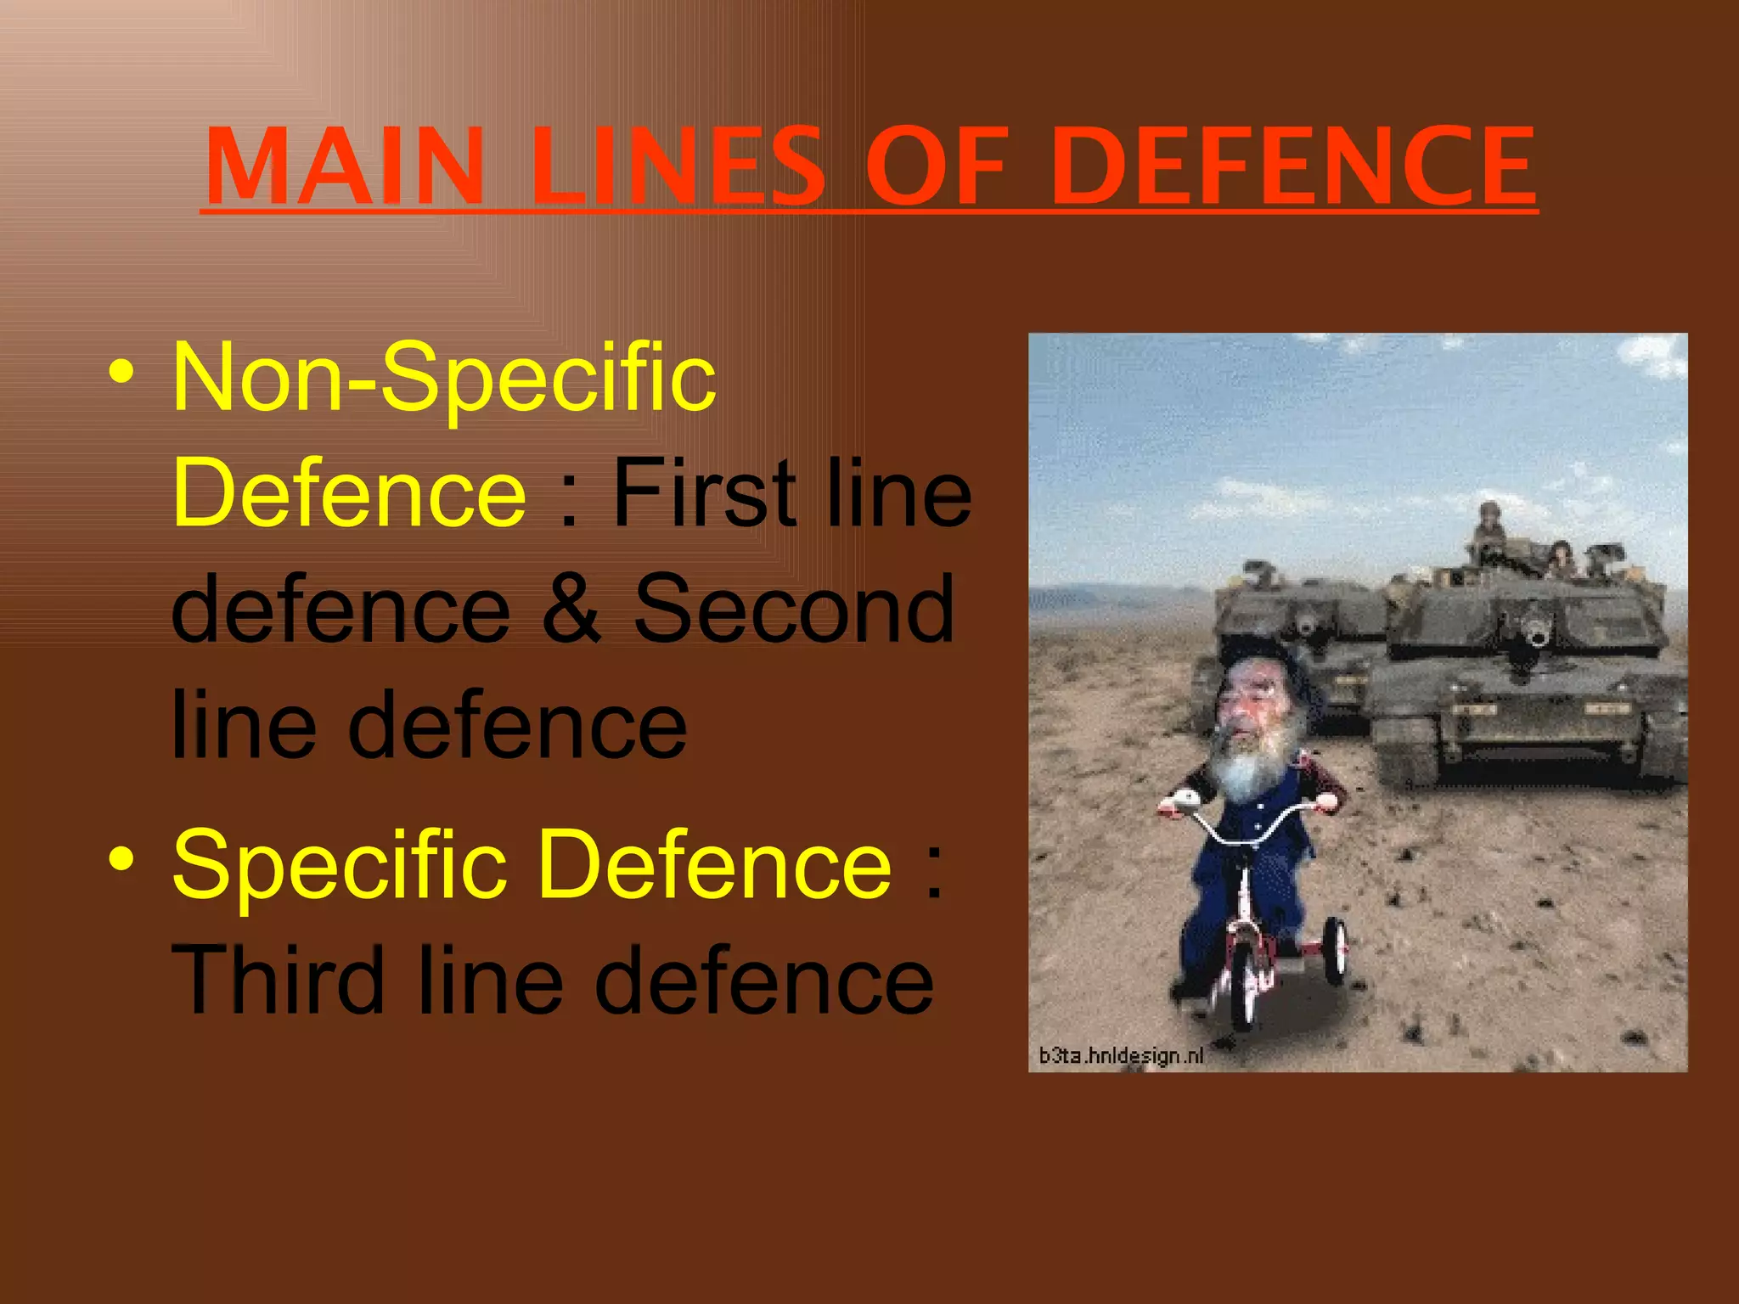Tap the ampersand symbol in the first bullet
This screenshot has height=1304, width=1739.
pyautogui.click(x=570, y=608)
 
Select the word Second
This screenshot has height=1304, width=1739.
pyautogui.click(x=794, y=608)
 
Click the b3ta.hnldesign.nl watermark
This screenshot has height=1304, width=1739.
pyautogui.click(x=1121, y=1055)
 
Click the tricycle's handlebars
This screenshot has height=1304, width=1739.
pyautogui.click(x=1248, y=819)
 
